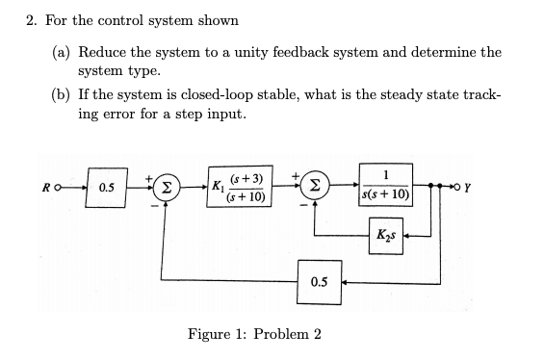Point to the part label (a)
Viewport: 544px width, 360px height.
pyautogui.click(x=61, y=52)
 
